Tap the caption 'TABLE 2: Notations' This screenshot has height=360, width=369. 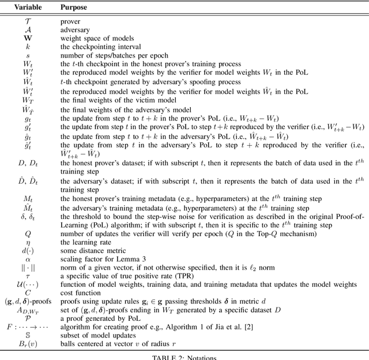coord(184,357)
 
